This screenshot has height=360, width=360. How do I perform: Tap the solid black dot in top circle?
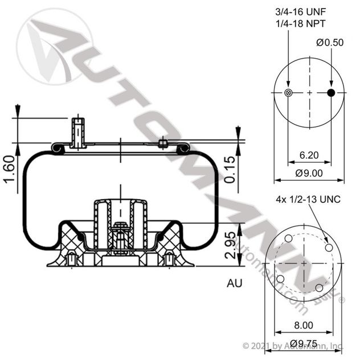tap(332, 93)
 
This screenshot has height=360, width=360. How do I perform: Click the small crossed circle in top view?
tap(289, 93)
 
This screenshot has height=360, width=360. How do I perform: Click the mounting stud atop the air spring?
tap(77, 131)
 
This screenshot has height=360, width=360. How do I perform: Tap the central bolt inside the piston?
tap(121, 236)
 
